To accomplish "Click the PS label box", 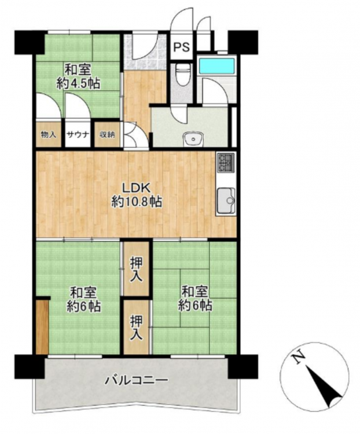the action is click(x=181, y=46).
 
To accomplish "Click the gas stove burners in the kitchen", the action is click(x=226, y=162).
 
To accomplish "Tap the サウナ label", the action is click(x=78, y=135).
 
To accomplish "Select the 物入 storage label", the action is click(x=49, y=135).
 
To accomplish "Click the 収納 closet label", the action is click(x=108, y=135).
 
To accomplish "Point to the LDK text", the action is click(x=137, y=189).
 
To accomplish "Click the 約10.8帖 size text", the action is click(x=137, y=203).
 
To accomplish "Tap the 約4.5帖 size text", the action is click(x=78, y=83).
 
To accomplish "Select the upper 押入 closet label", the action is click(x=137, y=270).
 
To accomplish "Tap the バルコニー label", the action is click(x=136, y=380).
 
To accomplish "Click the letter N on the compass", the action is click(x=299, y=358).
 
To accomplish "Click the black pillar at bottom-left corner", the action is click(x=30, y=366).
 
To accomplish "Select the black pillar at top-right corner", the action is click(x=243, y=42).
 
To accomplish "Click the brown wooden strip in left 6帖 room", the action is click(x=42, y=327).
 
